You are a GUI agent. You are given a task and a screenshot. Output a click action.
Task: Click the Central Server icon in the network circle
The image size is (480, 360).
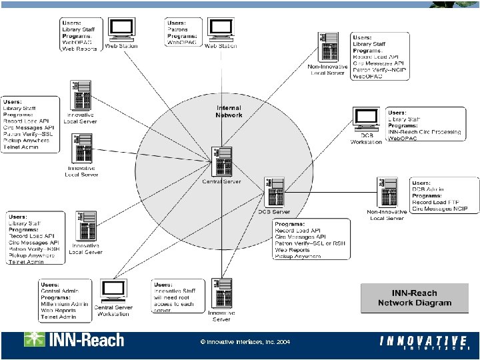click(x=221, y=161)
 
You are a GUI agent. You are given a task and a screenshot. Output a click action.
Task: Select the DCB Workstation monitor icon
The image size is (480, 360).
click(x=367, y=119)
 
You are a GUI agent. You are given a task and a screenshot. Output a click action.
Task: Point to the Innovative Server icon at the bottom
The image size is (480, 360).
click(x=221, y=294)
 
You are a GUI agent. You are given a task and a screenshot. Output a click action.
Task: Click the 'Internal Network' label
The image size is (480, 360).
click(x=229, y=111)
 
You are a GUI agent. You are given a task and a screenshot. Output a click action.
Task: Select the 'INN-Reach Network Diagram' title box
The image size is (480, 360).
click(x=414, y=298)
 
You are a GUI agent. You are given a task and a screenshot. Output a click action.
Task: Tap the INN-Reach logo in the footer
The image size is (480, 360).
click(x=74, y=340)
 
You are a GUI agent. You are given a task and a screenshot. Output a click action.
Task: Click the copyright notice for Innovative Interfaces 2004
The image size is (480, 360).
click(x=245, y=341)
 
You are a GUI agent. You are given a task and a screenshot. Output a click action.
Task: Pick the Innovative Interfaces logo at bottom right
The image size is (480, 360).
click(x=425, y=343)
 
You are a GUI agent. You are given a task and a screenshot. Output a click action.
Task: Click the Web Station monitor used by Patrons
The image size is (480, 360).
click(x=221, y=29)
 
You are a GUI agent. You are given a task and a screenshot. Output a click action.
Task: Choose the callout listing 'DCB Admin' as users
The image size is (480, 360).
click(x=444, y=196)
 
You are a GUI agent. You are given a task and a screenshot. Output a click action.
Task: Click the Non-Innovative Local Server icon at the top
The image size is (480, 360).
click(x=328, y=48)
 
